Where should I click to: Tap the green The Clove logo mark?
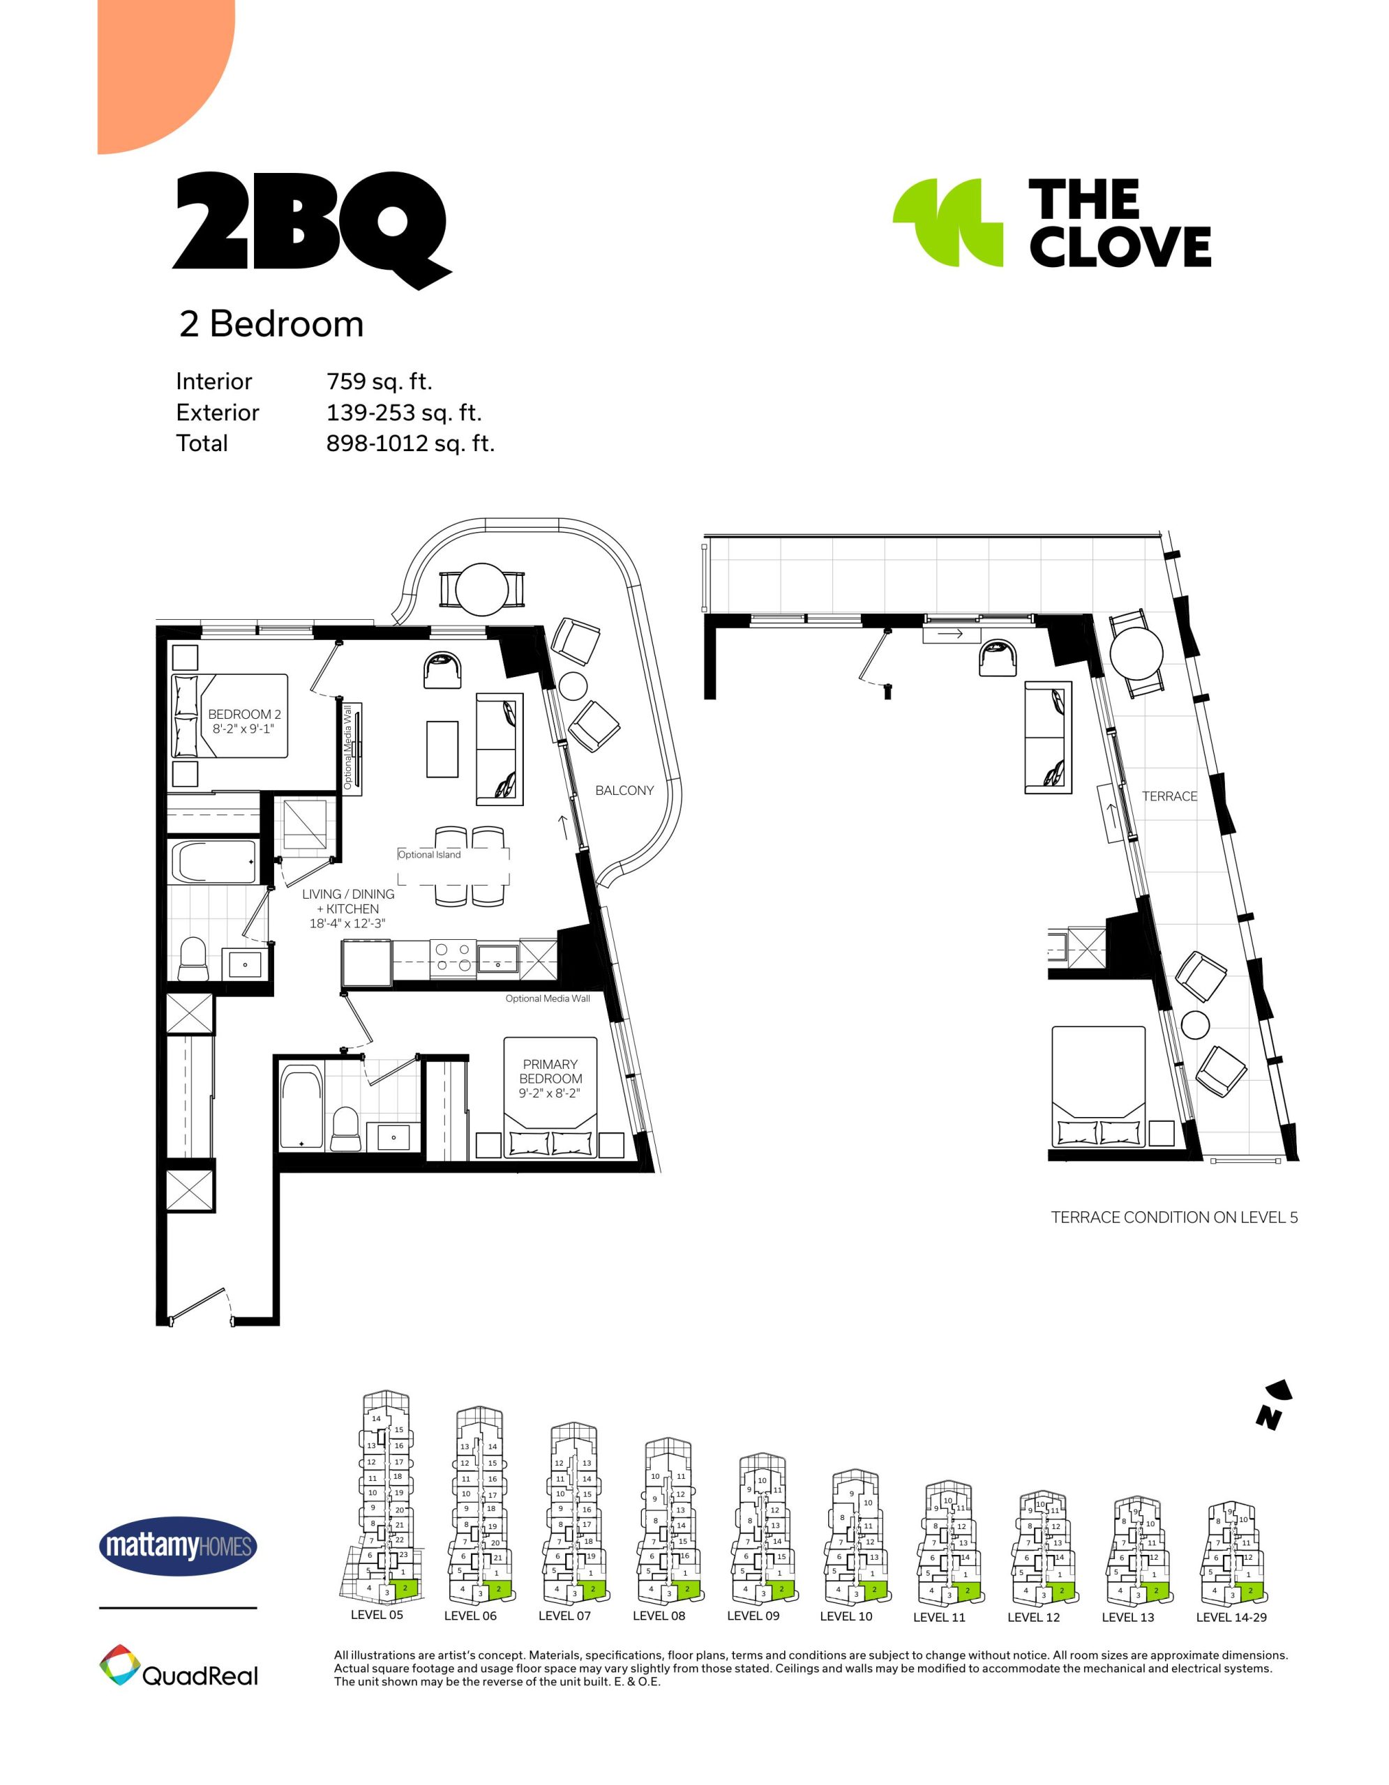click(948, 222)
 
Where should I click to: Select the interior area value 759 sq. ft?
click(380, 381)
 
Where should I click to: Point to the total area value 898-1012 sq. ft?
click(410, 443)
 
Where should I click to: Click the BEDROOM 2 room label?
click(244, 714)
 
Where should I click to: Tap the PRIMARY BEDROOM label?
click(550, 1072)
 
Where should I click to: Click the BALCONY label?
click(624, 790)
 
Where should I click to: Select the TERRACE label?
click(1170, 796)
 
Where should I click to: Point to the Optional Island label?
click(429, 854)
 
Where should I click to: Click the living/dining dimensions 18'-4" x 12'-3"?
click(347, 924)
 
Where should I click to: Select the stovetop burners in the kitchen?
click(452, 957)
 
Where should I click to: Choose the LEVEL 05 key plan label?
click(377, 1614)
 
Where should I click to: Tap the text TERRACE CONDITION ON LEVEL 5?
click(1174, 1217)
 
